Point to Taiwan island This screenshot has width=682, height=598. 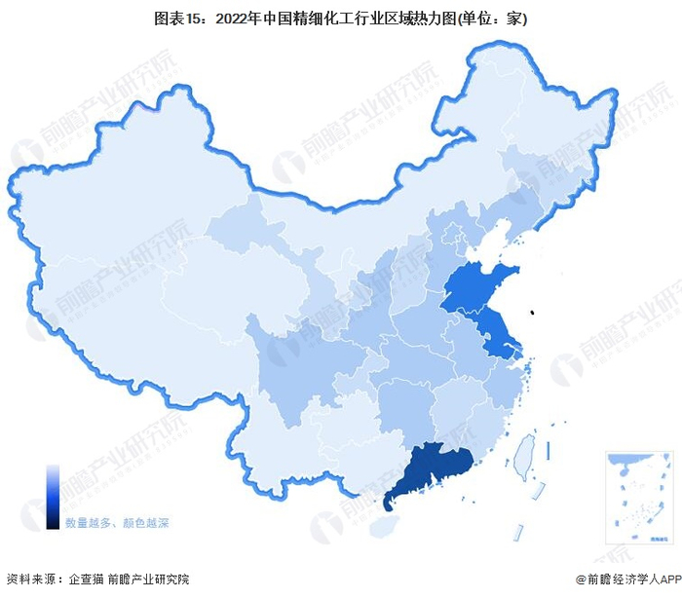525,451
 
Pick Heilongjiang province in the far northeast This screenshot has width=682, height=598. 546,117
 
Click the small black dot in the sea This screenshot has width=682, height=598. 532,313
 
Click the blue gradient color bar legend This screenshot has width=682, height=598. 53,496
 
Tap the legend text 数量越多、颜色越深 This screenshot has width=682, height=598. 117,523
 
